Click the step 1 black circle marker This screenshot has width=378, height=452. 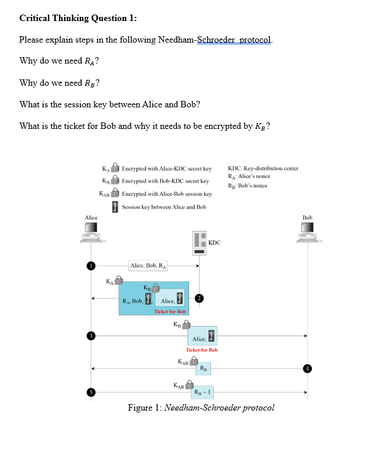pos(91,266)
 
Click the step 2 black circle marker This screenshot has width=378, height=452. pos(199,298)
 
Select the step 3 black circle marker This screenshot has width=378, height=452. pos(91,335)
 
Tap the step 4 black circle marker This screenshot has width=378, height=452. pos(308,368)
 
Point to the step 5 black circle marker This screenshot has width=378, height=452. pos(91,392)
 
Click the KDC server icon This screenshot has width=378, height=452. pos(199,243)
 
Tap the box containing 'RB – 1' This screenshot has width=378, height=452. pos(202,392)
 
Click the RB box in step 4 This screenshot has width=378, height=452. pos(202,368)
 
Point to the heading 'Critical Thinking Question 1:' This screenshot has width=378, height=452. pos(78,17)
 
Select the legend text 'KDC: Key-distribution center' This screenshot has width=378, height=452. pos(263,169)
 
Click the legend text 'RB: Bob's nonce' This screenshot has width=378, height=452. pos(248,185)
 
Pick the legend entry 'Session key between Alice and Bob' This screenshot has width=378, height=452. pos(164,207)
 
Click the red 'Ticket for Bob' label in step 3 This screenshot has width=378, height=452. pos(201,350)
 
